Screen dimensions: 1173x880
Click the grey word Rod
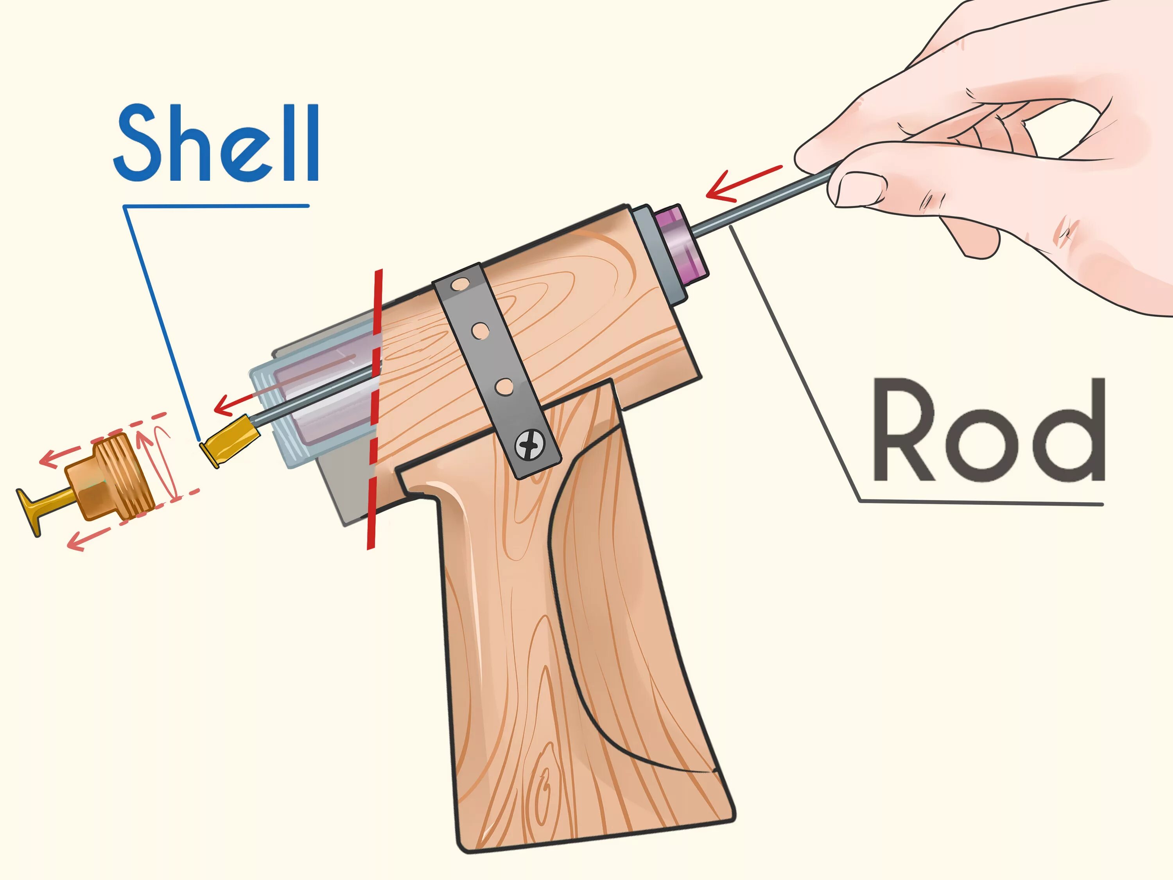(x=988, y=430)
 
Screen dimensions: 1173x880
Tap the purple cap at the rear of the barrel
(x=682, y=244)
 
